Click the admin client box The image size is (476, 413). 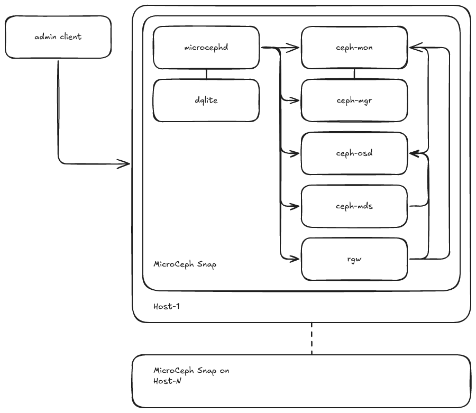[x=58, y=36]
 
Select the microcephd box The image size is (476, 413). [x=206, y=48]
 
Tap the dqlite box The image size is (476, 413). [x=206, y=100]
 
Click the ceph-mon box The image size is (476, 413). [x=354, y=48]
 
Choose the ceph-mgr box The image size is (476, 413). [x=354, y=100]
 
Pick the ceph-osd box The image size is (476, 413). [x=354, y=153]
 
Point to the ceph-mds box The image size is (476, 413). [x=354, y=206]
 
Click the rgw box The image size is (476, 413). [x=354, y=259]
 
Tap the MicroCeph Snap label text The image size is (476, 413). [x=185, y=264]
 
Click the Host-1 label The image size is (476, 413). [x=166, y=307]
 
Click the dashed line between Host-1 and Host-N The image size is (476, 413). [x=312, y=338]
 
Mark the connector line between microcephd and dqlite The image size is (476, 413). [x=206, y=74]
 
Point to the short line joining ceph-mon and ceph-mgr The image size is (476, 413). [x=354, y=74]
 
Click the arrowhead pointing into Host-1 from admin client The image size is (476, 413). [x=126, y=164]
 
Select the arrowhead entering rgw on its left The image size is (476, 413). [x=296, y=259]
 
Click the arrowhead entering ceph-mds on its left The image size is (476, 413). [x=296, y=206]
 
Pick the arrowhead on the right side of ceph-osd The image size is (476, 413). [x=414, y=153]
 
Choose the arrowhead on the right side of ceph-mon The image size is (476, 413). [x=414, y=48]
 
